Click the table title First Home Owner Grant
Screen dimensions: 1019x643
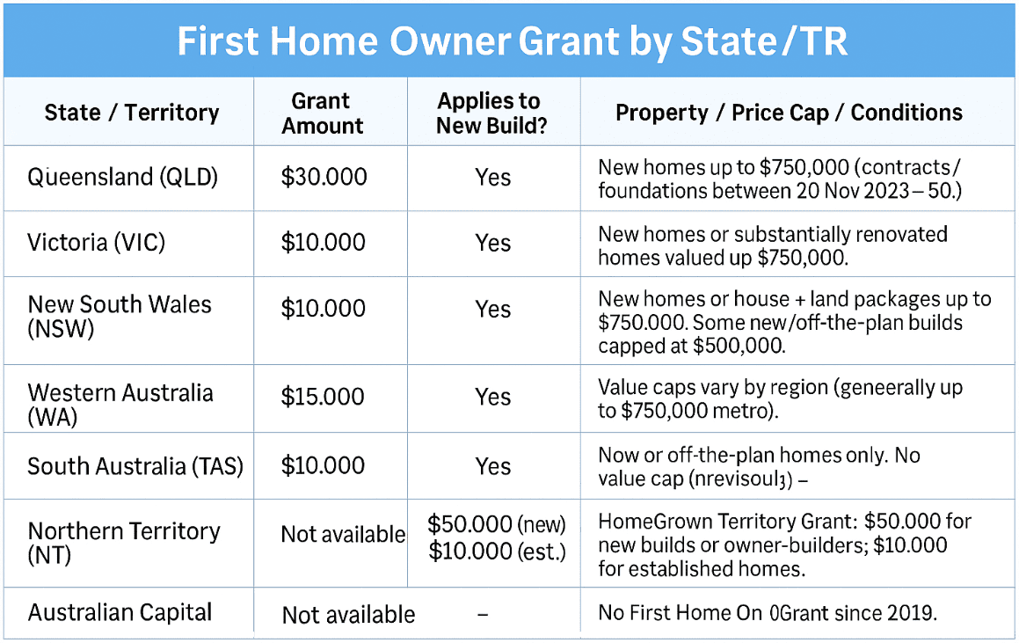pos(512,42)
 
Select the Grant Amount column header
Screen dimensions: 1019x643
pos(322,113)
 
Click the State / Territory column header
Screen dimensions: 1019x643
pos(131,113)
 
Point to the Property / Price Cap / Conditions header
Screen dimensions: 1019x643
pos(789,113)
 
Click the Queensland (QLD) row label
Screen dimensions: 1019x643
pos(122,177)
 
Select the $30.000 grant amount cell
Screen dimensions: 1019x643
pos(324,177)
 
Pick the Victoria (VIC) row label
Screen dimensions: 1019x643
pos(96,243)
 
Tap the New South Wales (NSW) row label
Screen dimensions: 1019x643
pos(120,316)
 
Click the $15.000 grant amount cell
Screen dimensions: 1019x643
pos(323,397)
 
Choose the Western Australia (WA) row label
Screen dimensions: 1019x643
pos(120,405)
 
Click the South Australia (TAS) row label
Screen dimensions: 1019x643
pos(135,466)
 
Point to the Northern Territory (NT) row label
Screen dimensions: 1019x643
pos(123,543)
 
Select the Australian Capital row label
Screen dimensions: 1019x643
pos(120,612)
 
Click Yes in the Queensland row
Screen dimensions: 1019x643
pos(492,178)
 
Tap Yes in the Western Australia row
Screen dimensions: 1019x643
pos(492,398)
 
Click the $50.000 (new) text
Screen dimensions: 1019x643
pos(497,524)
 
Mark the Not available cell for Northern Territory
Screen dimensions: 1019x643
pos(343,535)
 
